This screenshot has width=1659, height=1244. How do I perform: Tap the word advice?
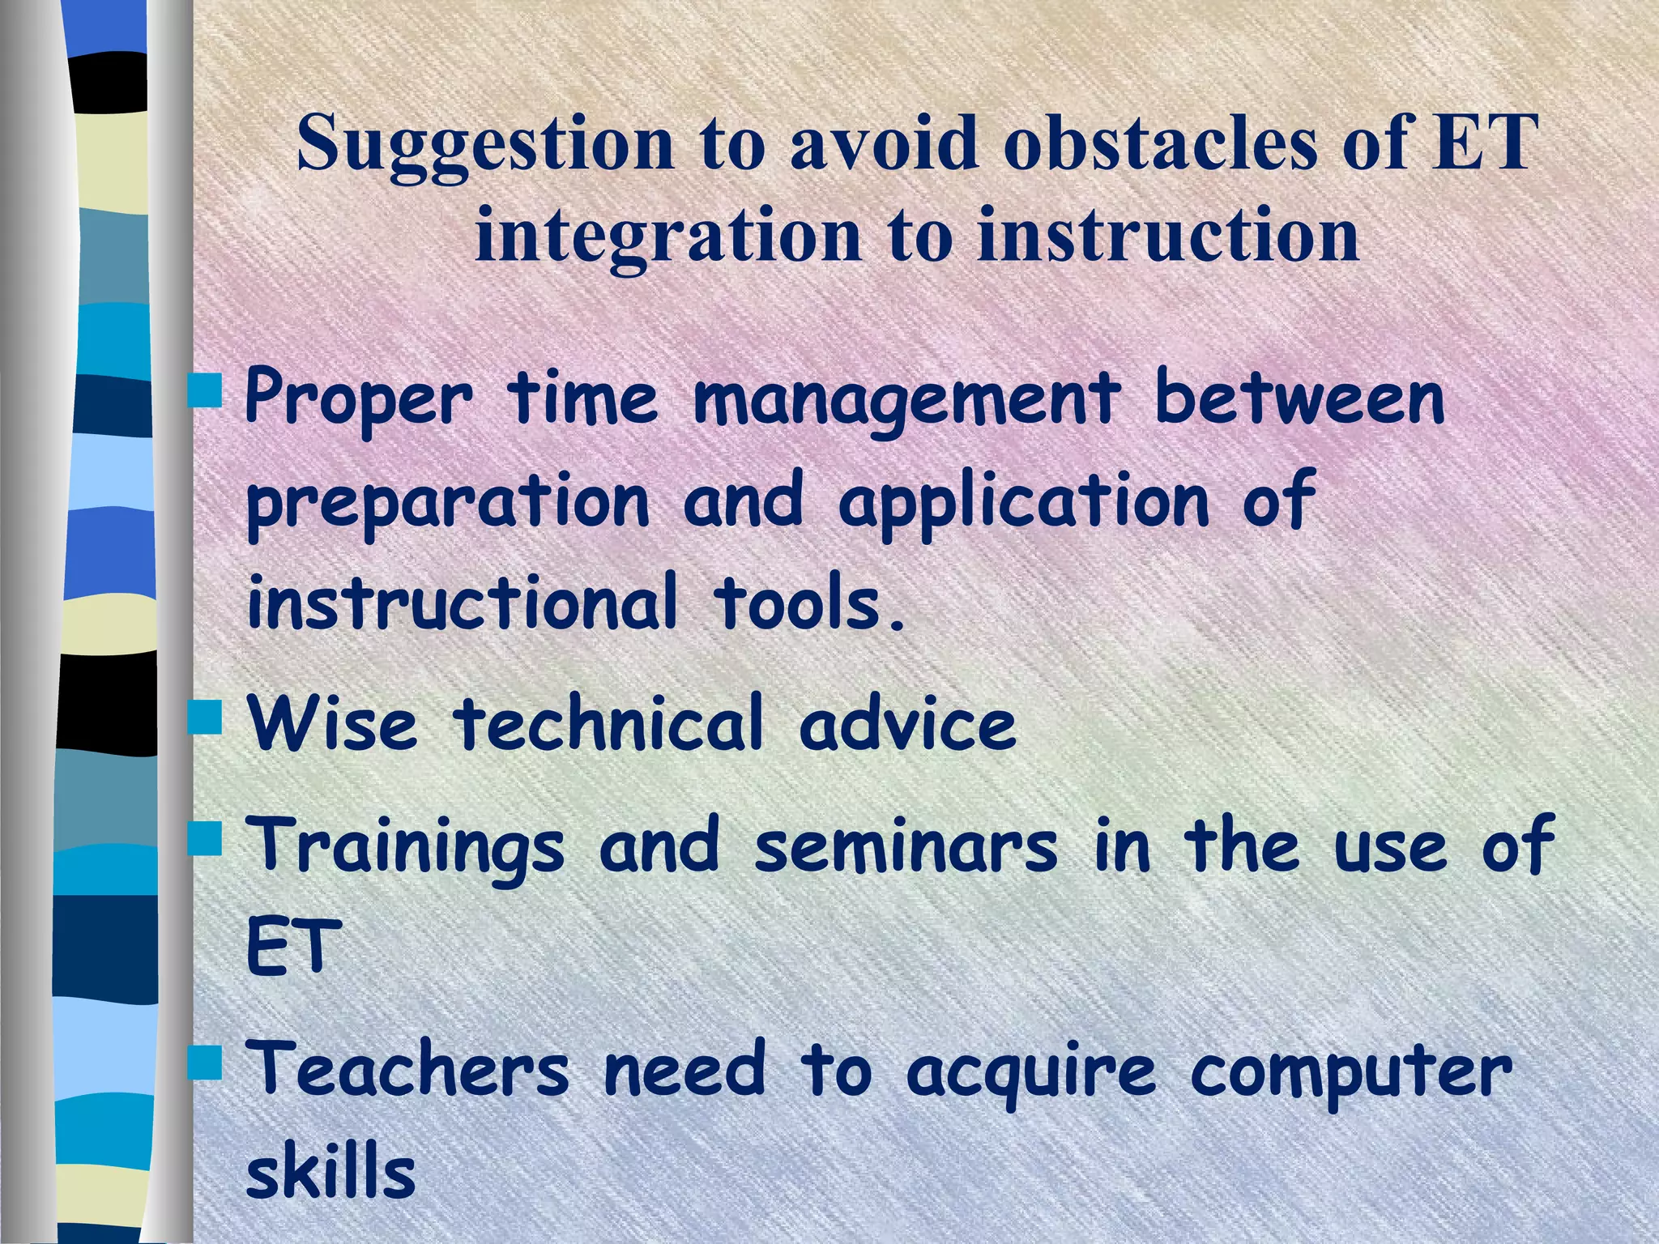[906, 723]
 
